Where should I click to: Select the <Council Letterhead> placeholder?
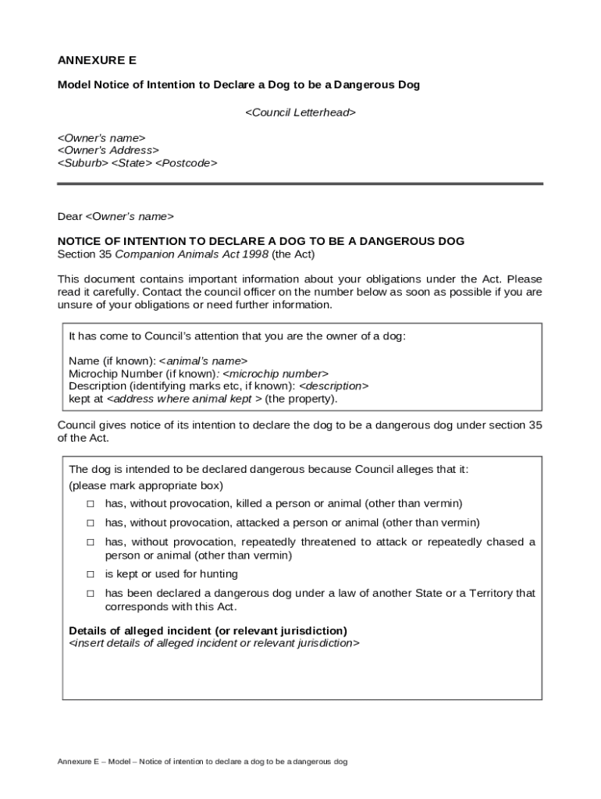pos(300,112)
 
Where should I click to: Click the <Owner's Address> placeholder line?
pos(108,151)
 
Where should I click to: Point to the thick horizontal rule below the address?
pos(300,184)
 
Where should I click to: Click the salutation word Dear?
pos(69,216)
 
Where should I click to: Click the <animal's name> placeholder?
pos(203,361)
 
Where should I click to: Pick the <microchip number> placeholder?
pos(270,374)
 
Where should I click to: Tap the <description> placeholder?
pos(333,386)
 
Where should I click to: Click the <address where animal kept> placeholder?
pos(183,399)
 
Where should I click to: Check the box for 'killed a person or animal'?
pos(91,504)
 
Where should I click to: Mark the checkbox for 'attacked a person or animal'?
pos(91,523)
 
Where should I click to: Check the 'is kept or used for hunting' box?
pos(91,574)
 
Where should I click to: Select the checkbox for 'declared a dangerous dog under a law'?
pos(91,594)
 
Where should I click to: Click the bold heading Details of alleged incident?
pos(208,630)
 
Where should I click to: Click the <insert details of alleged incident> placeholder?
pos(215,643)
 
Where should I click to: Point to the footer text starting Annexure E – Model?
pos(202,762)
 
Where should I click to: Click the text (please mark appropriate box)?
pos(140,485)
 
